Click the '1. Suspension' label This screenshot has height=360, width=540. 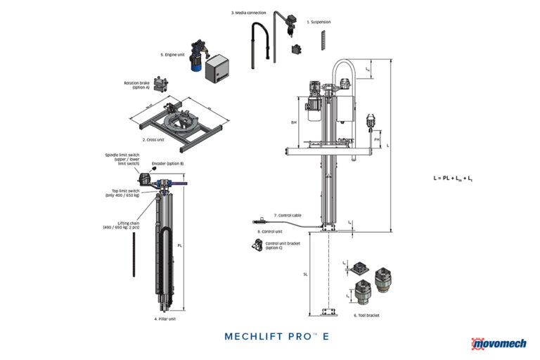click(x=319, y=22)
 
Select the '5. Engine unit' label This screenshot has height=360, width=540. click(x=172, y=53)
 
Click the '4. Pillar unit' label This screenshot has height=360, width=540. click(x=165, y=319)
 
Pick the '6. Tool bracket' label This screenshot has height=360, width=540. click(x=366, y=316)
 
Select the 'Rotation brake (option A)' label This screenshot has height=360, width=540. click(x=136, y=85)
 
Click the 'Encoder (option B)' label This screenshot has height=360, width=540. click(x=167, y=163)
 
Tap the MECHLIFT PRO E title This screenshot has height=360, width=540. click(x=276, y=336)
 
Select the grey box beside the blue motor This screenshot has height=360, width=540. click(x=220, y=68)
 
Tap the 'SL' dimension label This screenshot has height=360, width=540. click(x=305, y=275)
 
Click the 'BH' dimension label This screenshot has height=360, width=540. click(x=294, y=122)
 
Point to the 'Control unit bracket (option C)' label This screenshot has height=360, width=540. click(x=283, y=245)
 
